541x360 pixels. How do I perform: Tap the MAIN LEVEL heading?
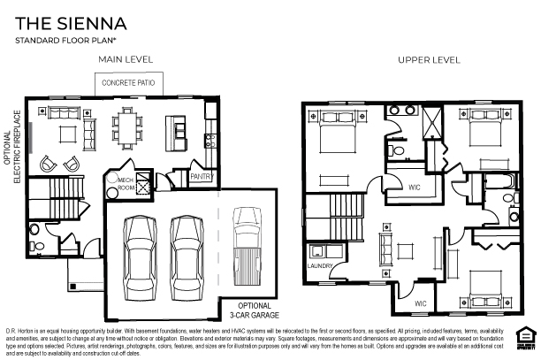click(x=125, y=59)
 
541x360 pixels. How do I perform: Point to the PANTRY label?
click(x=202, y=177)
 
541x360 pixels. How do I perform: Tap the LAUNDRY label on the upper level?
click(x=319, y=265)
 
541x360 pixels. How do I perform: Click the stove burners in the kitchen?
click(x=210, y=139)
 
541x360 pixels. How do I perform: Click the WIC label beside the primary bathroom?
click(x=413, y=186)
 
